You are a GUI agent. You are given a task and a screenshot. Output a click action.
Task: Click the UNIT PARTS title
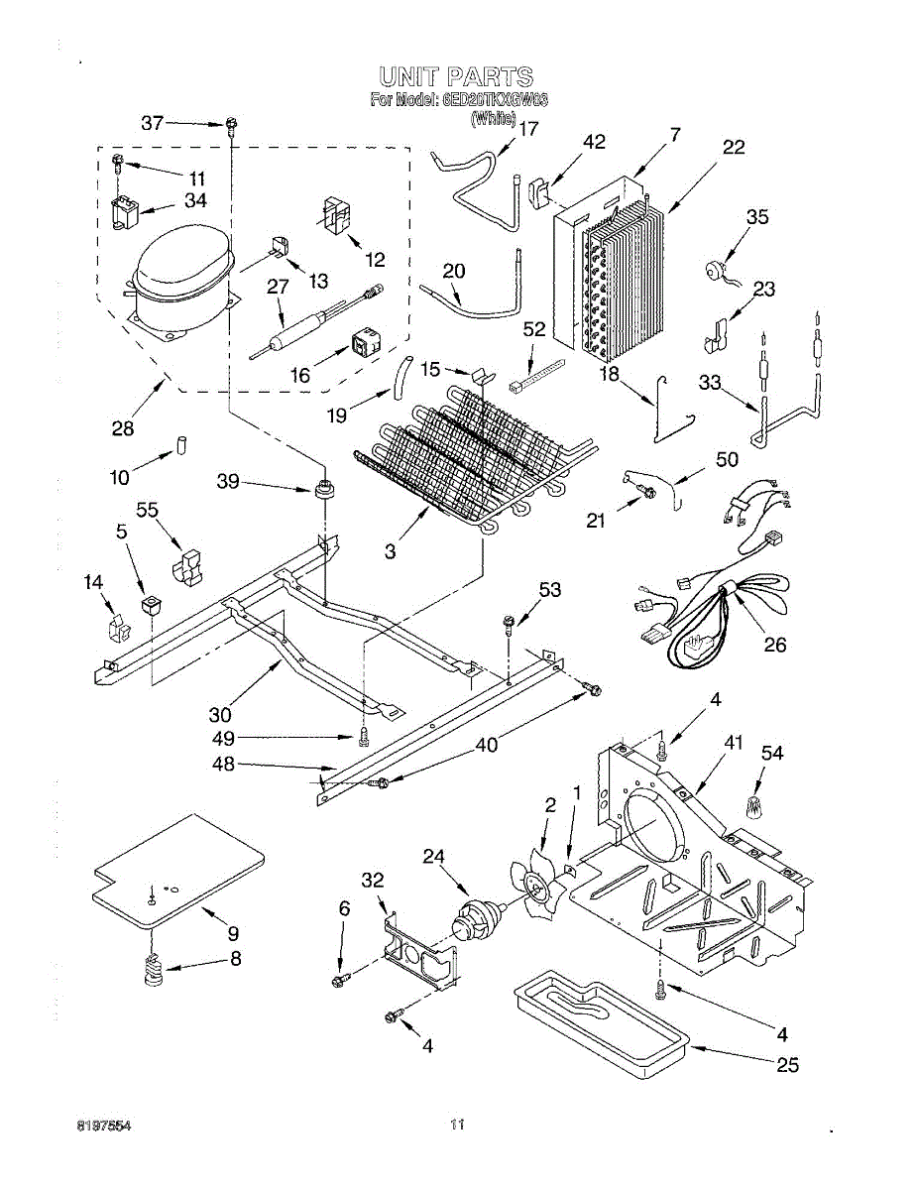pyautogui.click(x=457, y=77)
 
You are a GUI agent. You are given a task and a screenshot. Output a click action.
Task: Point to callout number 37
pyautogui.click(x=152, y=123)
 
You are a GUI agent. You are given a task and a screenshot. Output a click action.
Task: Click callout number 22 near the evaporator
pyautogui.click(x=733, y=148)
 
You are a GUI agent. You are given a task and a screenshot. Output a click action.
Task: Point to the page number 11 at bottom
pyautogui.click(x=457, y=1125)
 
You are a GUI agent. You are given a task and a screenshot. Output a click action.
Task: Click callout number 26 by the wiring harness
pyautogui.click(x=774, y=645)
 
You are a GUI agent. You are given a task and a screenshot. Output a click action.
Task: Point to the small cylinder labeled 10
pyautogui.click(x=181, y=442)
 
